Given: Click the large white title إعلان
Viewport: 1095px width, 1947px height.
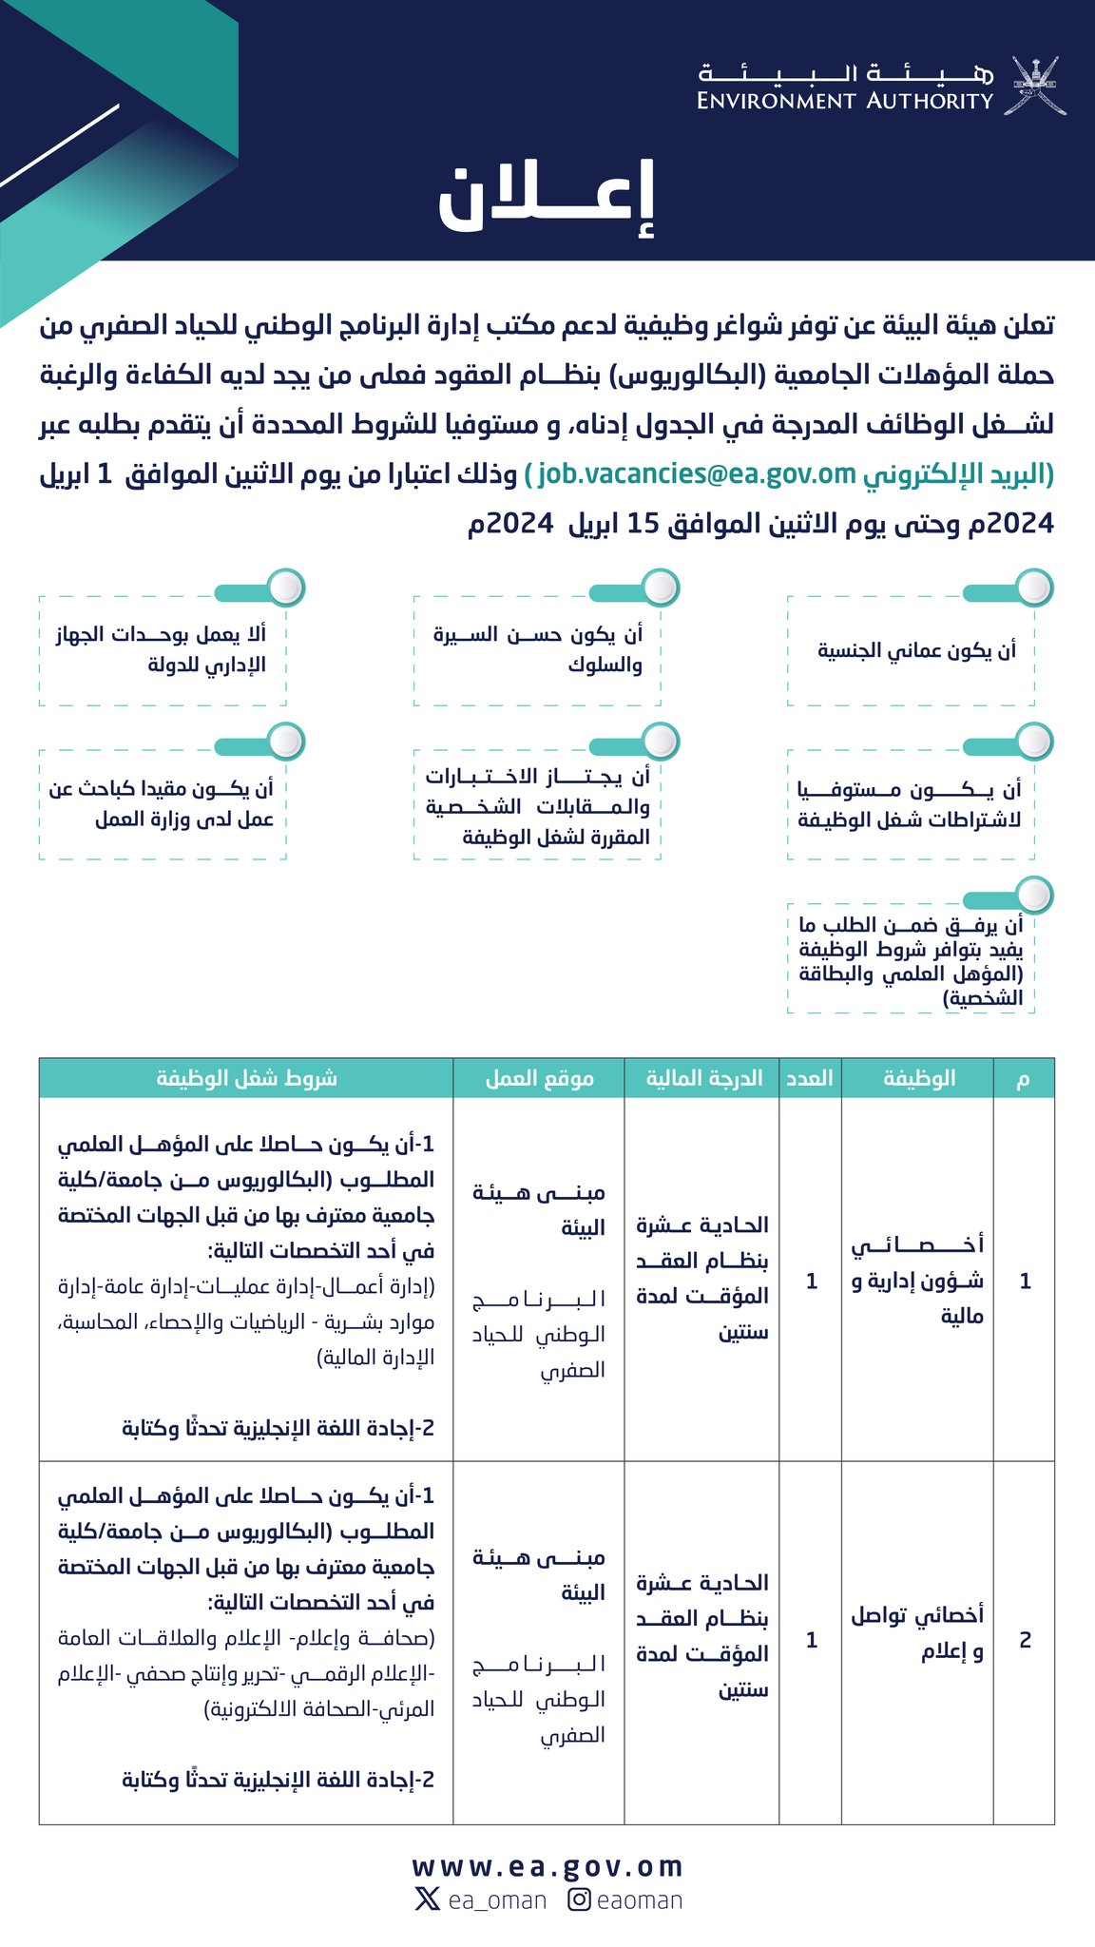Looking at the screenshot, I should [x=547, y=200].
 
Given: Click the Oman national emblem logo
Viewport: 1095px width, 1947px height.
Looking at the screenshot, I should [x=1035, y=86].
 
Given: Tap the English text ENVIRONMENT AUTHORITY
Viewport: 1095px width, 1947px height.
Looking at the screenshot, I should [x=844, y=101].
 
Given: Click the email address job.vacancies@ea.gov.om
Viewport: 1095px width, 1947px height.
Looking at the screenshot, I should [x=697, y=473].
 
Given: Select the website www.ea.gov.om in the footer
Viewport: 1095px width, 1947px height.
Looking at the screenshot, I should [x=547, y=1866].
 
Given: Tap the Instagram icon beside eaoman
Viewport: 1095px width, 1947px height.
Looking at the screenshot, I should [x=580, y=1899].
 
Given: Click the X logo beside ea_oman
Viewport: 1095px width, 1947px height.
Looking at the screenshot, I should [x=427, y=1899].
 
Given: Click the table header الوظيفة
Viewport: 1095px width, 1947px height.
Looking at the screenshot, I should [x=918, y=1078].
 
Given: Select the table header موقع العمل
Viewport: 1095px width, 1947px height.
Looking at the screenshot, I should [x=539, y=1078].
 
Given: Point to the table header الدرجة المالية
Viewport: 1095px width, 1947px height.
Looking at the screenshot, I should [x=703, y=1078].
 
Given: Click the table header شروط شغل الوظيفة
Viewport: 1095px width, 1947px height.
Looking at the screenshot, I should [x=246, y=1078].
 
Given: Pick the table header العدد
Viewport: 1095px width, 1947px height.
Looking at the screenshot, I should [x=810, y=1078].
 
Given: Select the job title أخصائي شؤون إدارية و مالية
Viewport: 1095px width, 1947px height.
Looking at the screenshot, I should [x=917, y=1280].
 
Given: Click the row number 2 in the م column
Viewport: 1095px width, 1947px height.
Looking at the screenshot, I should [x=1025, y=1640].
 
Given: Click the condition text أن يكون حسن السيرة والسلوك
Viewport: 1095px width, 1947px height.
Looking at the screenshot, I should [x=538, y=649].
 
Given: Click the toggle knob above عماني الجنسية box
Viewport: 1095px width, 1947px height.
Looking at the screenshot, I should [x=1033, y=588].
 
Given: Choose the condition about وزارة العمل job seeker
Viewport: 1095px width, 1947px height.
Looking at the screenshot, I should [x=162, y=803].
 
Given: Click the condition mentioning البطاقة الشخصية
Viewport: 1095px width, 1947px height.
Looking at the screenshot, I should [x=911, y=960].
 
